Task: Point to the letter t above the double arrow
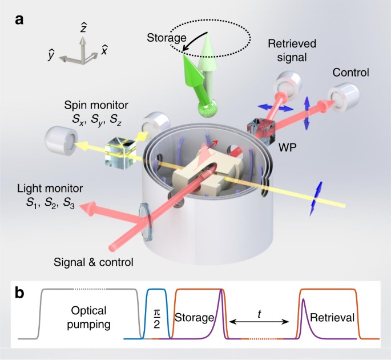260,313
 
